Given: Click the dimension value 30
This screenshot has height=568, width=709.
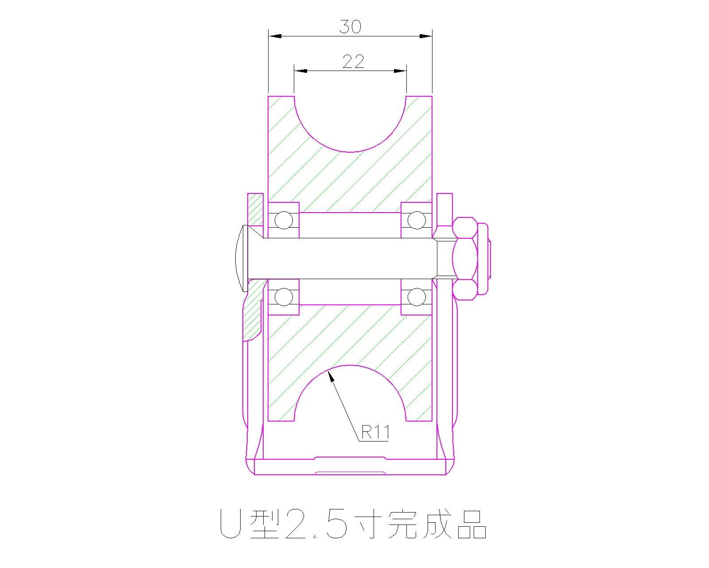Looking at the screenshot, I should [x=350, y=27].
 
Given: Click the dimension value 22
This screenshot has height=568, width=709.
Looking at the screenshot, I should [x=353, y=62].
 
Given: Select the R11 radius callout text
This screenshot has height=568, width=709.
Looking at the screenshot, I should [x=375, y=432].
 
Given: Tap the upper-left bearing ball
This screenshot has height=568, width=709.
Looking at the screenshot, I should [x=284, y=220].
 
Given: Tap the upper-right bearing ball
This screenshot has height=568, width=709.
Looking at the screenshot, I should [x=416, y=220].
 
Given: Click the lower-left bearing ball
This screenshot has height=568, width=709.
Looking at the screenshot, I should [x=284, y=297].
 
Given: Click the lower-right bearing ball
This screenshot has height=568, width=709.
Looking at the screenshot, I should [x=416, y=297].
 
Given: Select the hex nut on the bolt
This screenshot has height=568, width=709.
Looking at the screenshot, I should [x=465, y=259].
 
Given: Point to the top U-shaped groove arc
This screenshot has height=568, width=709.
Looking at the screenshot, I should [x=350, y=151].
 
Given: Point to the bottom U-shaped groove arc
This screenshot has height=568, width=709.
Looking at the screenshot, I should [x=350, y=366].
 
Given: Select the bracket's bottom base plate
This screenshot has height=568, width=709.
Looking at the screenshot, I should [x=350, y=467].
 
